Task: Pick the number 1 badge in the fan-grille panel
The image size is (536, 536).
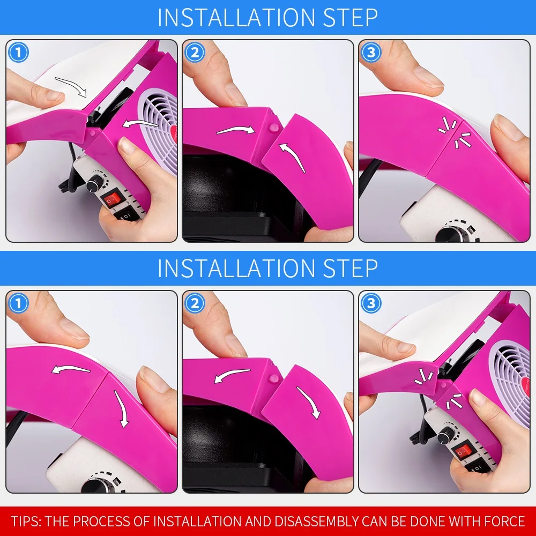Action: (18, 53)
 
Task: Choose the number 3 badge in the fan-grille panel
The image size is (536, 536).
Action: (371, 303)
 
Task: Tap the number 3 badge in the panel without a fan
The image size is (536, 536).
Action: (371, 53)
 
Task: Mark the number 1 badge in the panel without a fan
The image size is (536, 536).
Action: (18, 303)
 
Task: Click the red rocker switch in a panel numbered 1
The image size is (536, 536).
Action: (112, 198)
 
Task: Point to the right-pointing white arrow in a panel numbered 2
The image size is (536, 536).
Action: (236, 130)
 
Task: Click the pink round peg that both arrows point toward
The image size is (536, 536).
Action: (274, 128)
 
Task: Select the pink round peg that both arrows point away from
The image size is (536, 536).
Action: (274, 378)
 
